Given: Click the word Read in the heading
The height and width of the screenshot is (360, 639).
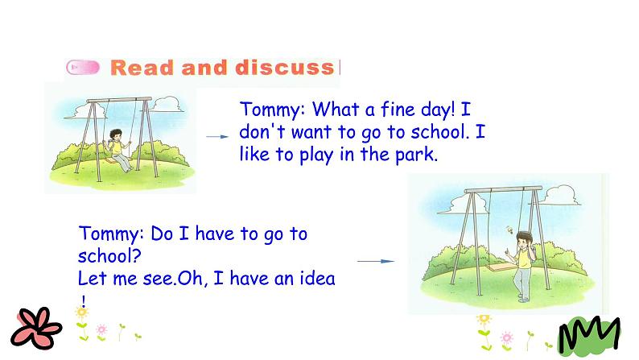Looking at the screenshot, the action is tap(142, 68).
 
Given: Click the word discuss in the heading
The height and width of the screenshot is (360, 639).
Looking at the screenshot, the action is tap(285, 68).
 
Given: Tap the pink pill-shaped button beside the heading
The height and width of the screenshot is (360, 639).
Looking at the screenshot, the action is tap(83, 68).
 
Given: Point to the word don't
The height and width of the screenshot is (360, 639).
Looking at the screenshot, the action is tap(262, 132).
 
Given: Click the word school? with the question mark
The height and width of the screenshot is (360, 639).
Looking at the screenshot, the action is tap(109, 256).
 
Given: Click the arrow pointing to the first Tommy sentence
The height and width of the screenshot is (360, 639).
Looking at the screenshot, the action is tap(217, 137).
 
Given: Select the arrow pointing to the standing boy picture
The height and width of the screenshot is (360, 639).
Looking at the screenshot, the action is tap(376, 261).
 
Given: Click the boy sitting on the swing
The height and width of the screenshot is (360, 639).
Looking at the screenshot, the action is tap(117, 149).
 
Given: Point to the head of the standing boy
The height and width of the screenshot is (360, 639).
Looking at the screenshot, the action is tap(524, 239).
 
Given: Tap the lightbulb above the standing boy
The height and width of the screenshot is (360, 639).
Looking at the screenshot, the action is tap(509, 230).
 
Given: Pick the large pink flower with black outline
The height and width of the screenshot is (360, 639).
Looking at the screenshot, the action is tap(36, 329).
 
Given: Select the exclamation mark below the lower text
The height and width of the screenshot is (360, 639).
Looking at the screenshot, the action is tap(84, 302).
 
